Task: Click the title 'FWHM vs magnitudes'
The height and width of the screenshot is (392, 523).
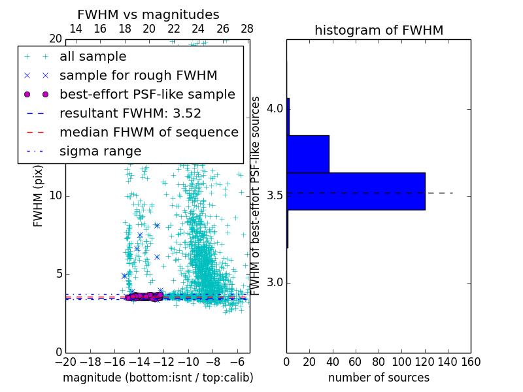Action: coord(148,14)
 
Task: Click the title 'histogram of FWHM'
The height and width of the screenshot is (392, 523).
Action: coord(379,30)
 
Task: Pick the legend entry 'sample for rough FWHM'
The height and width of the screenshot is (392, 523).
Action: coord(138,76)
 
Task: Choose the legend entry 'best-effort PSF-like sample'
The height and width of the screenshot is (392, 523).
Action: coord(147,95)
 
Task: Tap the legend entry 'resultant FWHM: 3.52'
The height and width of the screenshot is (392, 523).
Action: coord(130,114)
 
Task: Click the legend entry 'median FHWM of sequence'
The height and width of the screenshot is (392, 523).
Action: coord(149,133)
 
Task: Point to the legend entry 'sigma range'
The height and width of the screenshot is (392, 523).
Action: coord(100,152)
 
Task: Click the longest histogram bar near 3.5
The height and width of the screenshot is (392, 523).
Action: coord(356,191)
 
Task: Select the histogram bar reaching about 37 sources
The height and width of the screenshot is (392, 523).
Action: coord(308,154)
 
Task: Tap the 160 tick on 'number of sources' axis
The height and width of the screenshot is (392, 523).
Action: coord(470,361)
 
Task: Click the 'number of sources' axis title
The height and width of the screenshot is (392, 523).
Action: coord(379,378)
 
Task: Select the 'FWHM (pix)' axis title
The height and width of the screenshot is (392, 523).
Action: coord(39,195)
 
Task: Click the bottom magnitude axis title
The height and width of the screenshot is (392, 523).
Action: coord(158,378)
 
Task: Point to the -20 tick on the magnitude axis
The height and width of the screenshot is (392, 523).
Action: coord(65,361)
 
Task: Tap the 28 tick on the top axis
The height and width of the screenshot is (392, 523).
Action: coord(247,29)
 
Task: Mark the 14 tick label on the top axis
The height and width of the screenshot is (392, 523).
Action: coord(76,29)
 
